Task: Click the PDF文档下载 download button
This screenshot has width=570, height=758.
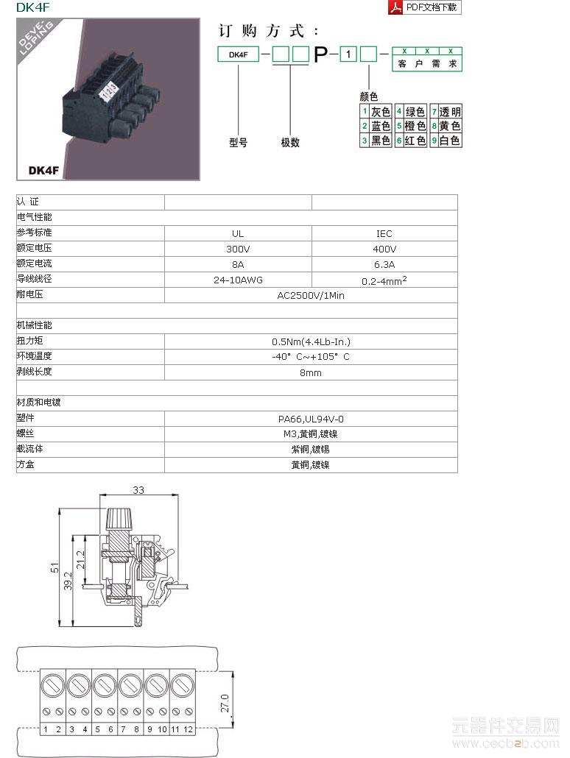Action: coord(424,7)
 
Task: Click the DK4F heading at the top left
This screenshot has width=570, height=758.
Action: coord(32,7)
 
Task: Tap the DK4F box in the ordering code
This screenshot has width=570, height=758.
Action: coord(238,54)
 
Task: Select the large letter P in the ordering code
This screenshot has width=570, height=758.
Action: coord(321,54)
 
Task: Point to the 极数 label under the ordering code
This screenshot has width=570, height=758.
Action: coord(290,143)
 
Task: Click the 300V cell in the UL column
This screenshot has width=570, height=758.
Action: coord(238,249)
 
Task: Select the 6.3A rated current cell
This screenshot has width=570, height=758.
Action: coord(384,264)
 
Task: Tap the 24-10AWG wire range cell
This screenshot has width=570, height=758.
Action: coord(238,280)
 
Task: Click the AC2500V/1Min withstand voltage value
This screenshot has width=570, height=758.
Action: coord(310,296)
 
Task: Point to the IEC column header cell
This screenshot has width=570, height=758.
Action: coord(384,233)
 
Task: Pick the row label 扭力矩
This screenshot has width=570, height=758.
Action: coord(30,341)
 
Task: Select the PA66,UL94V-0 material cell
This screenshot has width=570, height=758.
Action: coord(310,419)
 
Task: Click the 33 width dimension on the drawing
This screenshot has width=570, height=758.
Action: coord(138,490)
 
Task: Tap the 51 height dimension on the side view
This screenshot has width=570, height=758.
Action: coord(54,567)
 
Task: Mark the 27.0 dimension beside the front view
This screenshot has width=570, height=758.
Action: coord(225,702)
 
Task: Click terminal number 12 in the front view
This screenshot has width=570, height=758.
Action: coord(189,729)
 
